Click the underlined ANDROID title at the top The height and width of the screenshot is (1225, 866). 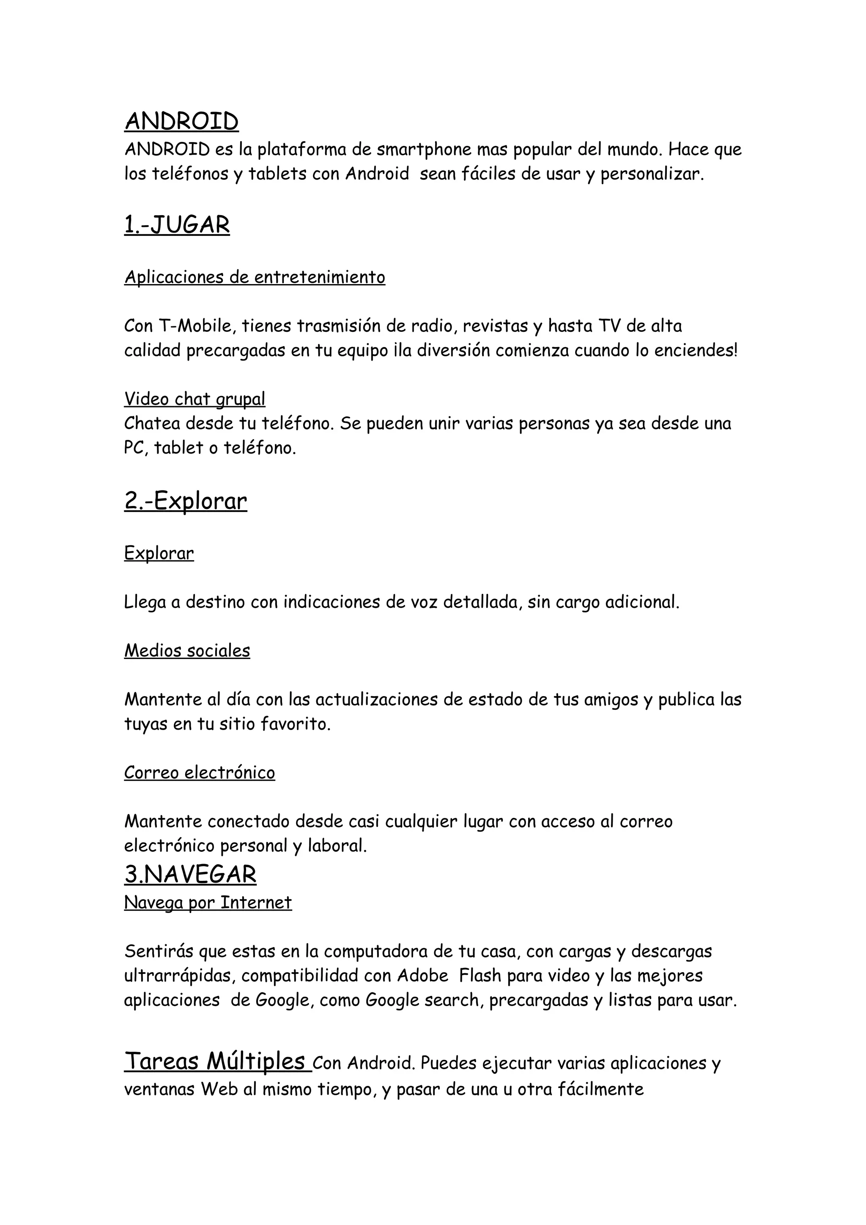pos(181,122)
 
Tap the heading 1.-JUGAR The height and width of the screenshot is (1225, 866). pos(177,225)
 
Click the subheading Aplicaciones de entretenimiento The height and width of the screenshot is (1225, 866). pos(255,277)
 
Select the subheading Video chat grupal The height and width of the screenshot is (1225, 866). pos(195,399)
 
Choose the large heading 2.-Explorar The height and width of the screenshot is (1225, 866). pos(186,501)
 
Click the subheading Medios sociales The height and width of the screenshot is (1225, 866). pos(187,651)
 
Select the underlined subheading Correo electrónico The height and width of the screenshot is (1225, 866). pos(200,773)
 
